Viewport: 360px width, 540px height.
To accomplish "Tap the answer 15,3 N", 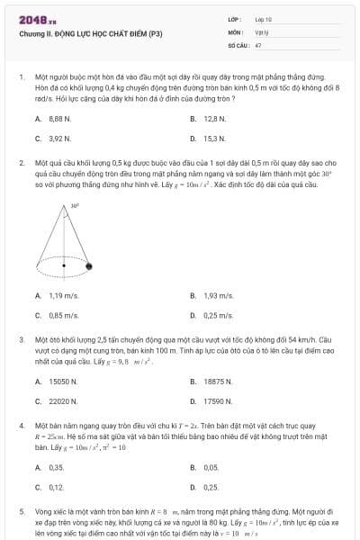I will coord(214,139).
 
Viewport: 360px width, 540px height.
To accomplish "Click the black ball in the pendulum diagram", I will coord(89,265).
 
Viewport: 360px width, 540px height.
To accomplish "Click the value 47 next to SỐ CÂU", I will coord(258,44).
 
